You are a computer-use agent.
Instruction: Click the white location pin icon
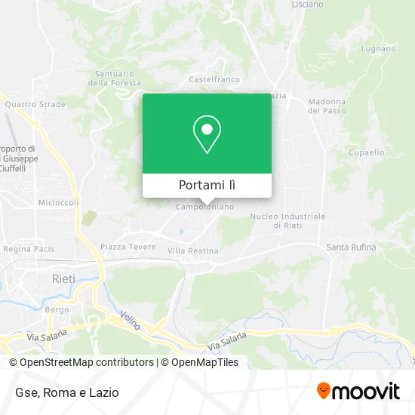(207, 134)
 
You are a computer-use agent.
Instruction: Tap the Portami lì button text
(207, 186)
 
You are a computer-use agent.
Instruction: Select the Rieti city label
(63, 278)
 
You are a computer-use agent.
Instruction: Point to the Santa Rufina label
(351, 247)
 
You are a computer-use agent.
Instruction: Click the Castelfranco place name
(208, 78)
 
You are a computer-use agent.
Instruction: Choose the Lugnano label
(378, 49)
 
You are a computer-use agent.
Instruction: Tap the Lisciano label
(307, 4)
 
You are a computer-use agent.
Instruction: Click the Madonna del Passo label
(326, 106)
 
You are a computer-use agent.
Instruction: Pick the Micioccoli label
(59, 203)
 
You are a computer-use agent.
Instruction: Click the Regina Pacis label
(27, 248)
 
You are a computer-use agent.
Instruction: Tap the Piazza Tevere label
(128, 247)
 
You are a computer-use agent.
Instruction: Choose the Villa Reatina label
(192, 251)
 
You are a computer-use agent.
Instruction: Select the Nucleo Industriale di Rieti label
(288, 220)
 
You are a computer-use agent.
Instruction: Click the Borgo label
(57, 309)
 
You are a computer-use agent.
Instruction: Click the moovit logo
(358, 391)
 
